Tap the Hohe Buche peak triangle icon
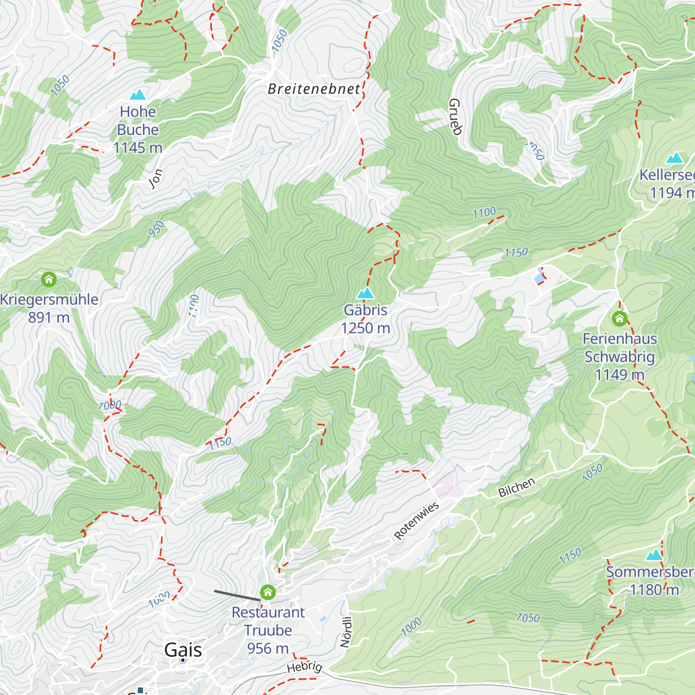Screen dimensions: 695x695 [138, 94]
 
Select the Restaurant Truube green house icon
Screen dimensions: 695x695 [268, 592]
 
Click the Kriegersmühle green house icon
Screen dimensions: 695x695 [49, 280]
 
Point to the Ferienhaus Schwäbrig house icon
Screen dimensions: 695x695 [619, 318]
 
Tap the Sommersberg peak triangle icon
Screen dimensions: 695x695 [654, 555]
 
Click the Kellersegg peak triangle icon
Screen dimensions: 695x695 [674, 158]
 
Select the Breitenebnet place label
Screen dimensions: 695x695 [314, 89]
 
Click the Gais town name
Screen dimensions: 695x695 [183, 649]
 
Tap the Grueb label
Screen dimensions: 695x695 [455, 116]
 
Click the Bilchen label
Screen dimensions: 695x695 [517, 488]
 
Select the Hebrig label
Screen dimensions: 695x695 [305, 667]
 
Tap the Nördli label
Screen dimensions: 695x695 [346, 631]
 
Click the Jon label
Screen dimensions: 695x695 [156, 178]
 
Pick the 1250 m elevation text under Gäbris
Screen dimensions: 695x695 [365, 328]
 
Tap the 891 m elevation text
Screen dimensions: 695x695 [49, 317]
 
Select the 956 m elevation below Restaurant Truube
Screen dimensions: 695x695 [268, 649]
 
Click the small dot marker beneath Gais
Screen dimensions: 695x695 [183, 660]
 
